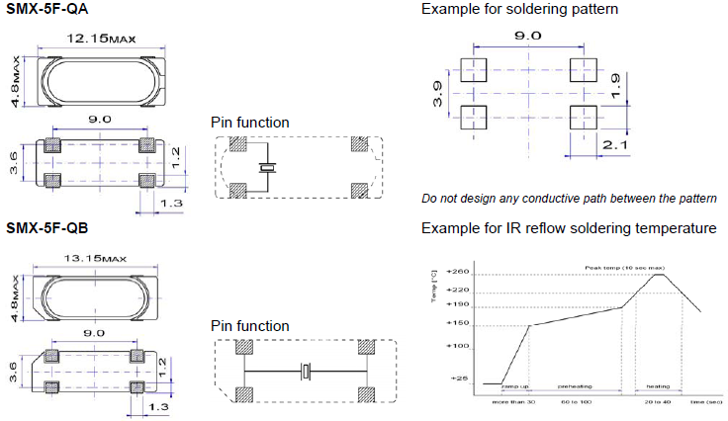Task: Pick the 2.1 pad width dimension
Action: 614,145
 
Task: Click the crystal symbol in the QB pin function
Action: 307,373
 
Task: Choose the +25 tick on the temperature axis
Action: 459,379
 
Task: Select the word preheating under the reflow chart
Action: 574,388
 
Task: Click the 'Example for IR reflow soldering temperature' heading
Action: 569,228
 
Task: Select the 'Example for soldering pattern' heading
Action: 506,9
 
